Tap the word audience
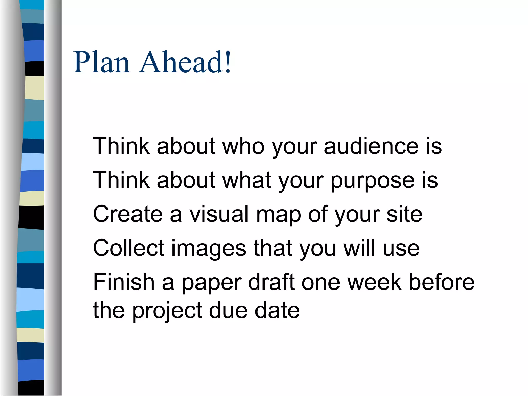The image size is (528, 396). coord(371,146)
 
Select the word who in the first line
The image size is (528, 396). coord(243,146)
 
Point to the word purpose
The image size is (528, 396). coord(373,180)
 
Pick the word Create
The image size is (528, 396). coord(128,214)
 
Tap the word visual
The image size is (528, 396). coord(219,214)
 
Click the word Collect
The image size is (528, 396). coord(129,248)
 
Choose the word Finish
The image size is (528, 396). coord(124,282)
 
